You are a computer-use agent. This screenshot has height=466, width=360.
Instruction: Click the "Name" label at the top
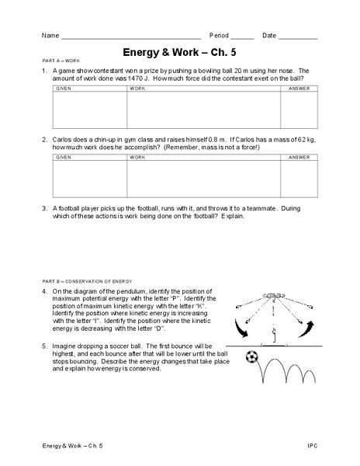click(x=50, y=36)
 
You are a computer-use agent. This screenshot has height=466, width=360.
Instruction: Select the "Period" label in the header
click(x=220, y=36)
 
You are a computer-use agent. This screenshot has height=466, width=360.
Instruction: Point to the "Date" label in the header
click(x=268, y=36)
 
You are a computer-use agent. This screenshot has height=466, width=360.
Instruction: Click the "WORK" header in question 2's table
click(x=137, y=157)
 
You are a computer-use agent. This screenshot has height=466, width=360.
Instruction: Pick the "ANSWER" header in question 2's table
click(x=298, y=157)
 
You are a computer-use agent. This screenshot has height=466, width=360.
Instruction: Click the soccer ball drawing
click(x=251, y=358)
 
